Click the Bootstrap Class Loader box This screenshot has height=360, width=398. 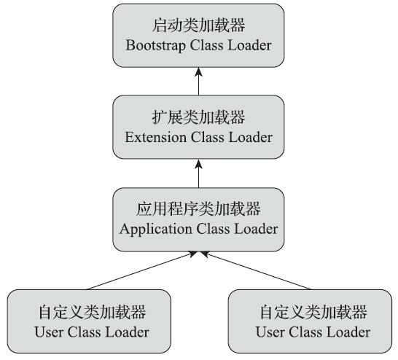pyautogui.click(x=198, y=36)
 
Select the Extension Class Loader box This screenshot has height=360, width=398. pyautogui.click(x=198, y=128)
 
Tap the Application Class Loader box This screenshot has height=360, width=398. pyautogui.click(x=198, y=219)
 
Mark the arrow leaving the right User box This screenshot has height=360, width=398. pyautogui.click(x=259, y=270)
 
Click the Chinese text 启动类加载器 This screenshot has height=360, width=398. pyautogui.click(x=198, y=26)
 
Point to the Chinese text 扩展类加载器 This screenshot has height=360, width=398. pyautogui.click(x=198, y=117)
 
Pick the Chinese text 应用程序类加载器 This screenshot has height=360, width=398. pyautogui.click(x=198, y=209)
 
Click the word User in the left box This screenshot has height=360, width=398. pyautogui.click(x=49, y=333)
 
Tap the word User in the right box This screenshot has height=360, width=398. pyautogui.click(x=271, y=333)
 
